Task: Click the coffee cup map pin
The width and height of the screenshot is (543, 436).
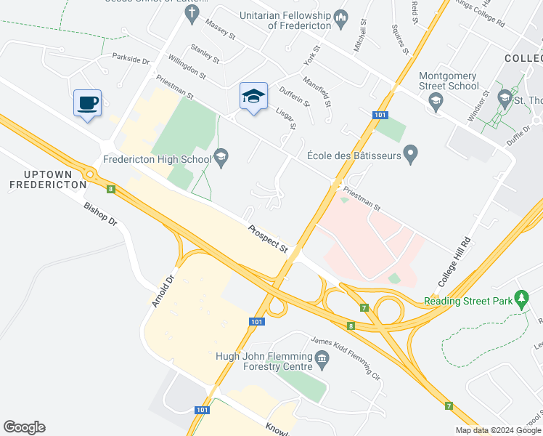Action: pos(87,102)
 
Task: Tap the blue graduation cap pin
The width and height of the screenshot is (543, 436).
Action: pos(253,96)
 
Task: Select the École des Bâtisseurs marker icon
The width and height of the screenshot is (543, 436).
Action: pos(411,155)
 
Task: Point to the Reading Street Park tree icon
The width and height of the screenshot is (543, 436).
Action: pos(520,299)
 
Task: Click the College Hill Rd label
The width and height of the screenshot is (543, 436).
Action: pos(455,261)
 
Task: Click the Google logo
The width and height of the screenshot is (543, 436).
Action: pos(24,427)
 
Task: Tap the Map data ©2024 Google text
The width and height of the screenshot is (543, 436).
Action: pos(497,430)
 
